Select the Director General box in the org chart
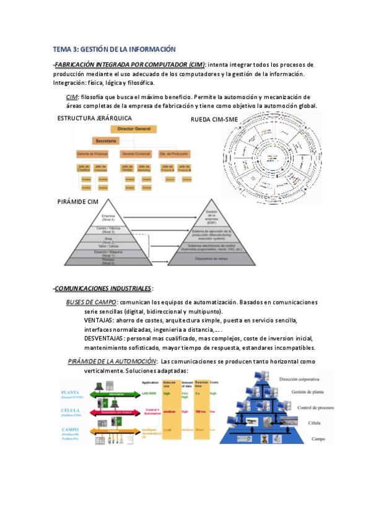pos(134,129)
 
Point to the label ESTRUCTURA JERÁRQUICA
pos(94,118)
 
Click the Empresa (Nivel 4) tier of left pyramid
pos(108,218)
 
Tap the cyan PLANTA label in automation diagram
pos(71,393)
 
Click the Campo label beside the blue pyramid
pos(318,438)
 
